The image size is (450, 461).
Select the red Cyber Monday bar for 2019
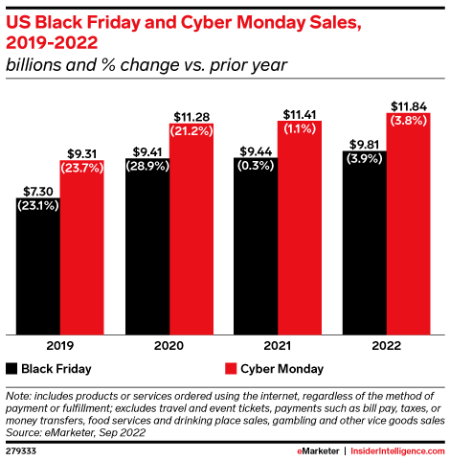pyautogui.click(x=81, y=249)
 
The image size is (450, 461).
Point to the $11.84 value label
pyautogui.click(x=409, y=104)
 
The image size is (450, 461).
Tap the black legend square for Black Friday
pyautogui.click(x=11, y=368)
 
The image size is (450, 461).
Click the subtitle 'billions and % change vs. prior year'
pyautogui.click(x=146, y=66)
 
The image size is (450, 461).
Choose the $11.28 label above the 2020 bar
pyautogui.click(x=190, y=117)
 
